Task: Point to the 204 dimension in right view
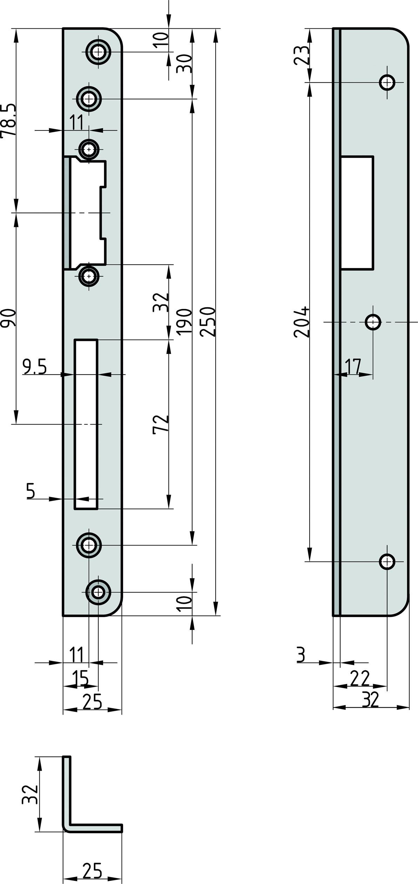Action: [x=301, y=322]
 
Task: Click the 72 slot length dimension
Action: [x=161, y=424]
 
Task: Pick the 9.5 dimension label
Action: [x=34, y=367]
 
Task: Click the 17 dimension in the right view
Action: [x=353, y=367]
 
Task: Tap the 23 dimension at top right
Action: [x=301, y=55]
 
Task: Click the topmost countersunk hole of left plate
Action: [x=99, y=52]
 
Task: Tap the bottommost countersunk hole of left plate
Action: [x=99, y=592]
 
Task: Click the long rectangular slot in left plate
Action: [x=86, y=424]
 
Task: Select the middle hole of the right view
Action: [x=373, y=322]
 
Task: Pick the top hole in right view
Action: [x=387, y=82]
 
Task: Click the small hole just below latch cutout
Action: [x=89, y=276]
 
